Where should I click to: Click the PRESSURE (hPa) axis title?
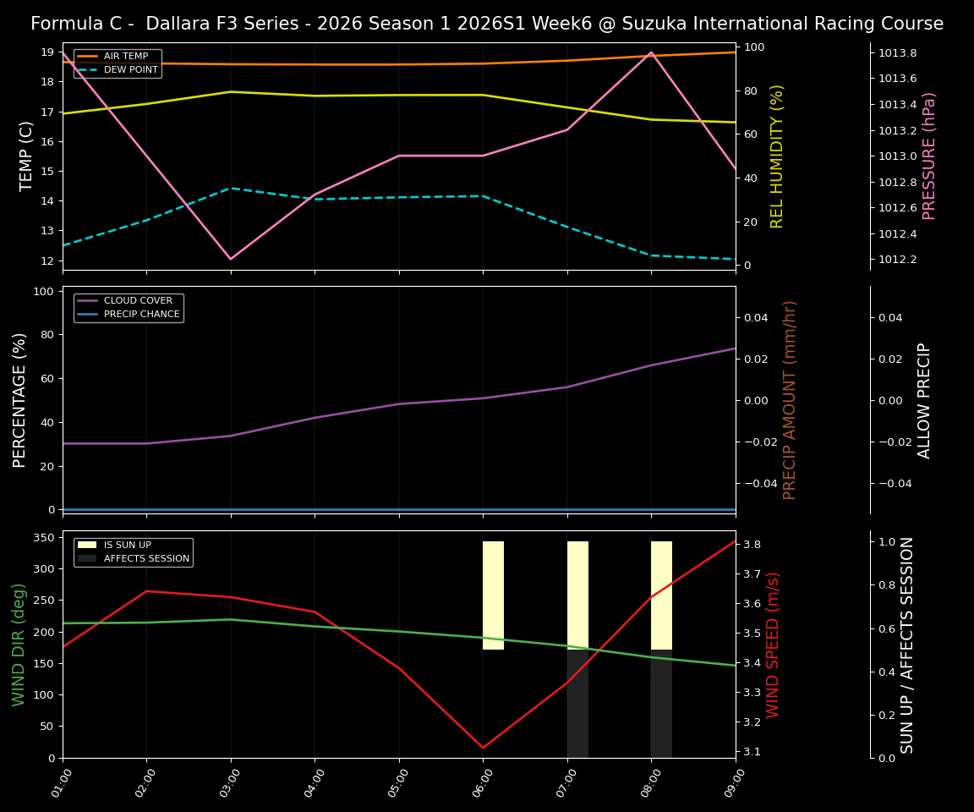pyautogui.click(x=929, y=156)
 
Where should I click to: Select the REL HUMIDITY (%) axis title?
pyautogui.click(x=777, y=156)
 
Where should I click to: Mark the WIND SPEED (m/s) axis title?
pyautogui.click(x=773, y=645)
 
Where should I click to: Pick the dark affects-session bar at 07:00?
pyautogui.click(x=577, y=703)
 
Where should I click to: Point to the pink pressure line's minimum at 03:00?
pyautogui.click(x=231, y=259)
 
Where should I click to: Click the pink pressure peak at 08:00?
pyautogui.click(x=651, y=52)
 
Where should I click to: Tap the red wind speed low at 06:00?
pyautogui.click(x=483, y=748)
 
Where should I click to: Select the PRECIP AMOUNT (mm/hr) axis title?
pyautogui.click(x=790, y=399)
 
